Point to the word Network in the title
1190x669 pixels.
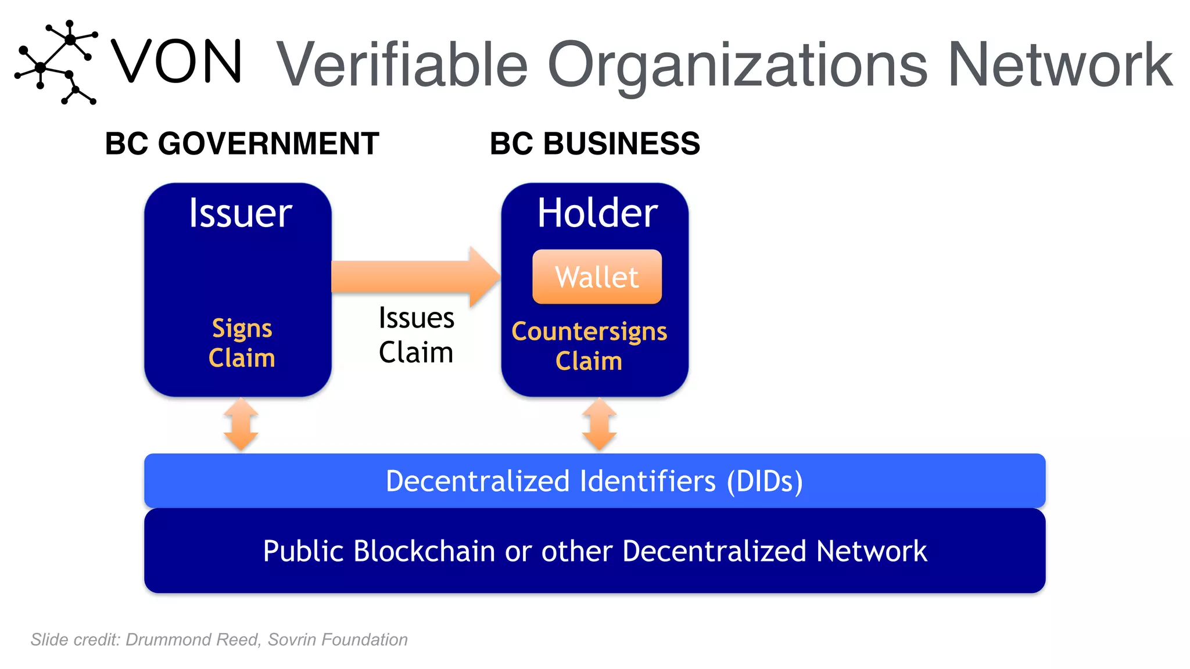pos(1059,65)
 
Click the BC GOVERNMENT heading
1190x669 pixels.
pos(242,143)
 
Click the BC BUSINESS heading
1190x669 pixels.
pos(594,143)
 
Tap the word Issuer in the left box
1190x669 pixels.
pos(240,213)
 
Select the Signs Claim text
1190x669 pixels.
pos(242,343)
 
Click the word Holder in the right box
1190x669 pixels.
pos(597,213)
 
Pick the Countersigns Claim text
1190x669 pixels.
pos(589,346)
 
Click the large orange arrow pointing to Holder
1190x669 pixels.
pos(415,276)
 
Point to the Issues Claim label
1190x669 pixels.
pos(416,335)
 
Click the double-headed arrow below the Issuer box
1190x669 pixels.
pos(241,425)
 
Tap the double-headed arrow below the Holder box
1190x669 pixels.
pos(599,425)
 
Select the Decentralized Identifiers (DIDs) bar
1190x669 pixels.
pos(594,481)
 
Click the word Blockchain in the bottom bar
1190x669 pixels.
pos(425,551)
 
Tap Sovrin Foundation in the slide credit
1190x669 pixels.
pos(338,639)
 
